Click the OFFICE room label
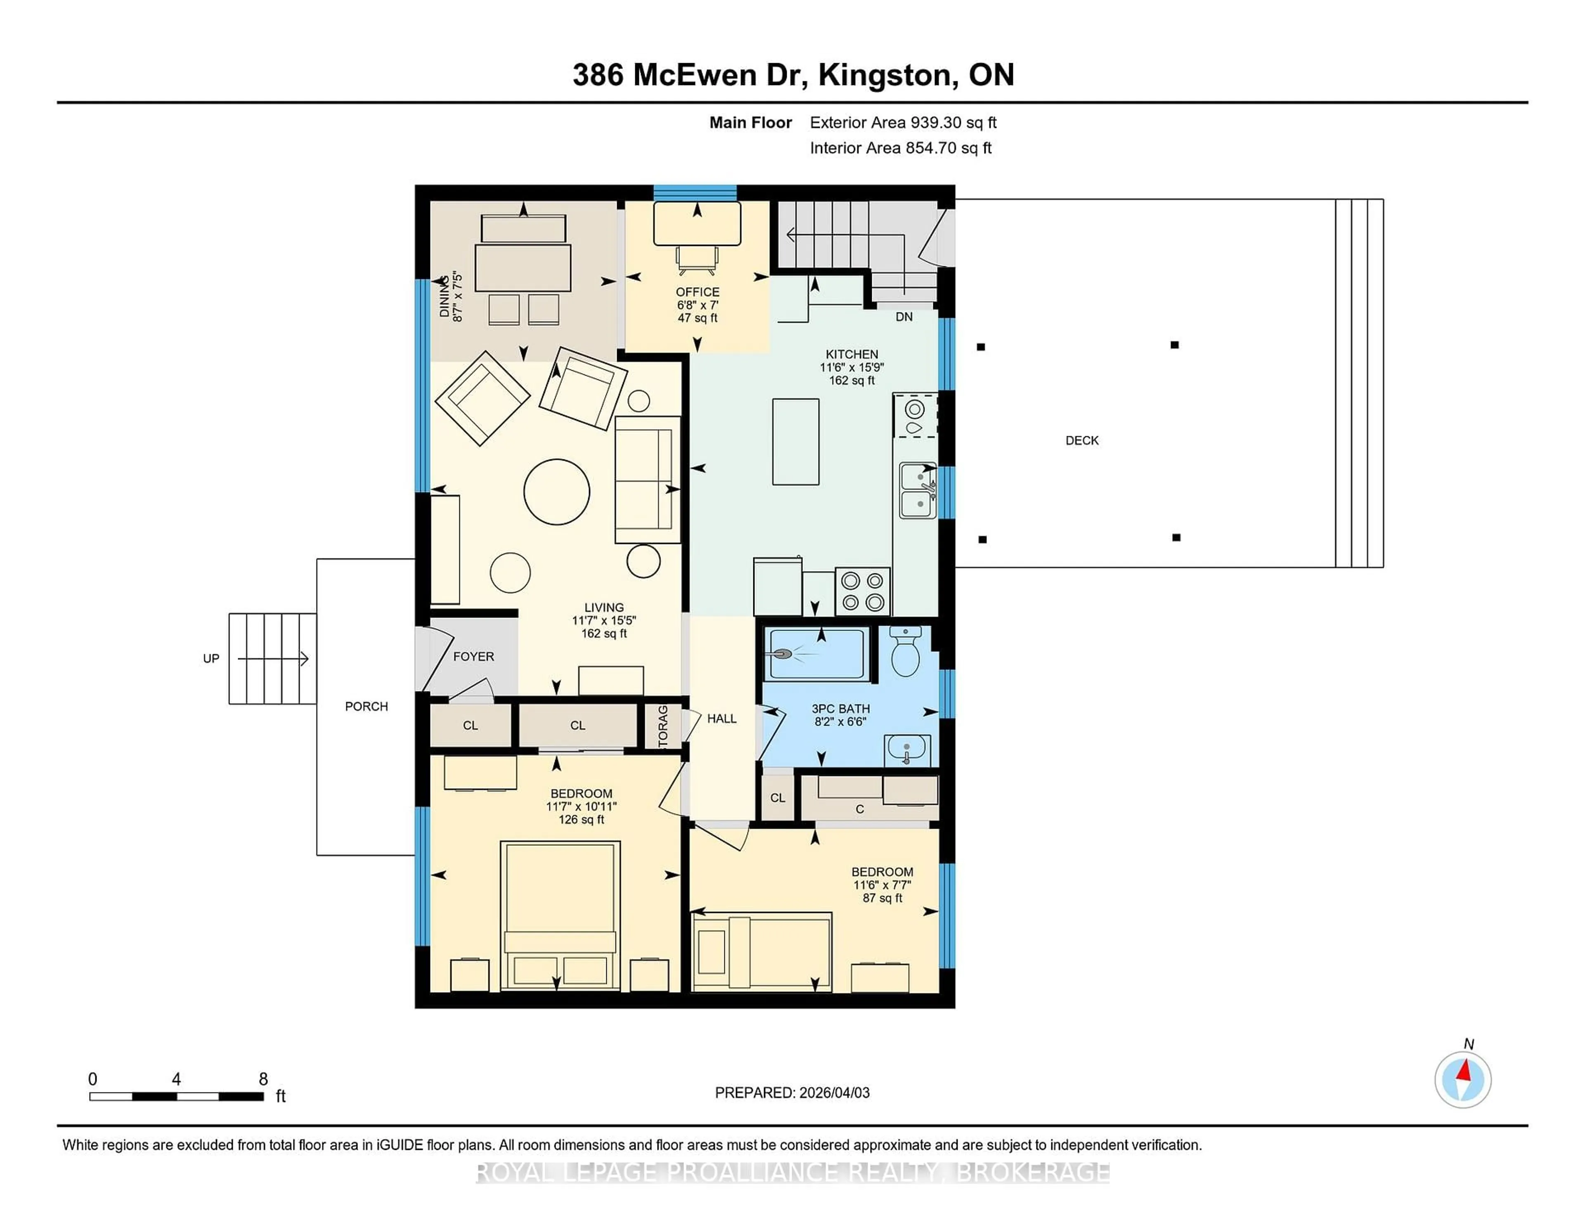[698, 292]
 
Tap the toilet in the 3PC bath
[905, 653]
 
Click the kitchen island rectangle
[795, 441]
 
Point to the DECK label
[1081, 440]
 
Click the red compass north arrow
[1464, 1071]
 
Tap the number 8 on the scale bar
[263, 1079]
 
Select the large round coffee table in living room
[557, 491]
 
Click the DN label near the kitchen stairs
[904, 317]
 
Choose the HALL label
[722, 719]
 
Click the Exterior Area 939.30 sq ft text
[903, 123]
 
